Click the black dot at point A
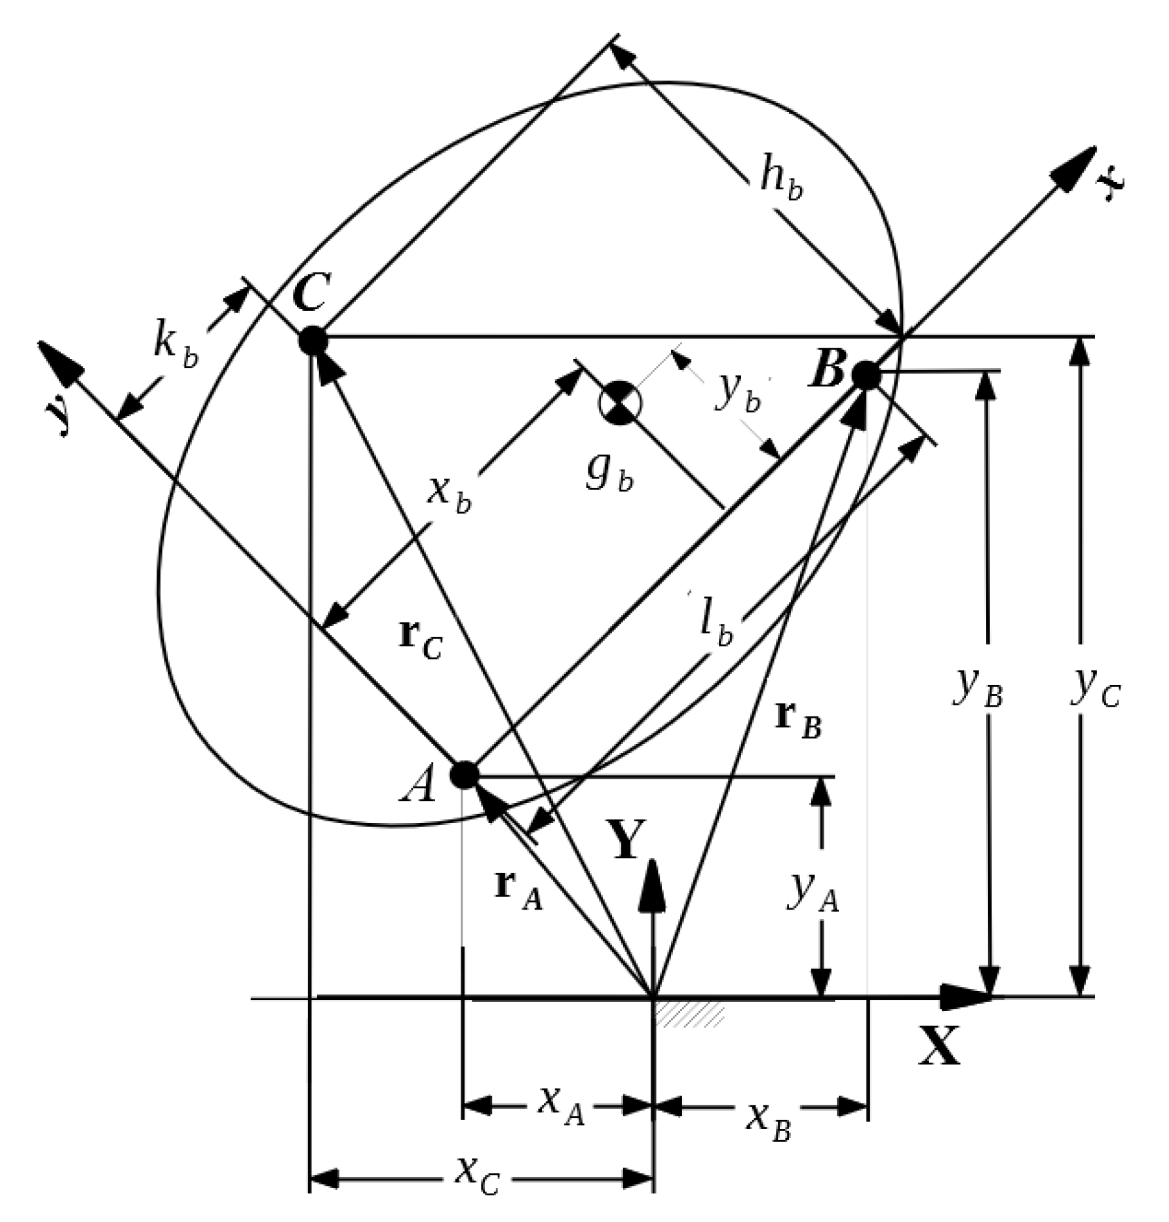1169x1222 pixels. click(465, 775)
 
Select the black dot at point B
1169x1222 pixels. click(866, 375)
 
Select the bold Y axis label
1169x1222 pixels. click(626, 841)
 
